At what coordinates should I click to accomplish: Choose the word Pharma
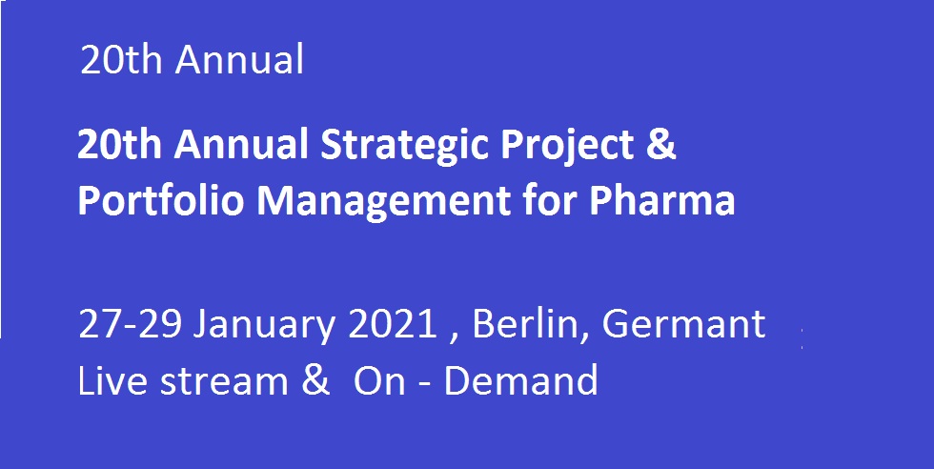[661, 201]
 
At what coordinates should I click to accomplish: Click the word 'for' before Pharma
[550, 201]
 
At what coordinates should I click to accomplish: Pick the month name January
[265, 326]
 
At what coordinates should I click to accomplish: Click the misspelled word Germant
[683, 325]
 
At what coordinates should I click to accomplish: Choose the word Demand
[520, 379]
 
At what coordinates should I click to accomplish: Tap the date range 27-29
[130, 325]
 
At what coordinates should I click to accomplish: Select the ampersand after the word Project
[660, 146]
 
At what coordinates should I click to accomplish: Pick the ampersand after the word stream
[315, 380]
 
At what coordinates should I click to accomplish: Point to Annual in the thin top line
[239, 60]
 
